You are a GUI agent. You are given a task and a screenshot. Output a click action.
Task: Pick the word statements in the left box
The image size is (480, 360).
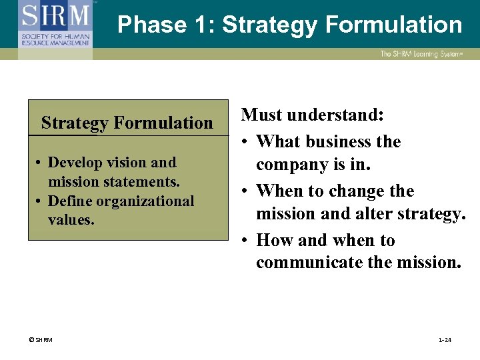coord(145,181)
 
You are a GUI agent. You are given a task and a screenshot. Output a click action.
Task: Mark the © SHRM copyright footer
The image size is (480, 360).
coord(41,340)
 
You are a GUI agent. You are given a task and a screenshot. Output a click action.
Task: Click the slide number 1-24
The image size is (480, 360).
coord(445,340)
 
